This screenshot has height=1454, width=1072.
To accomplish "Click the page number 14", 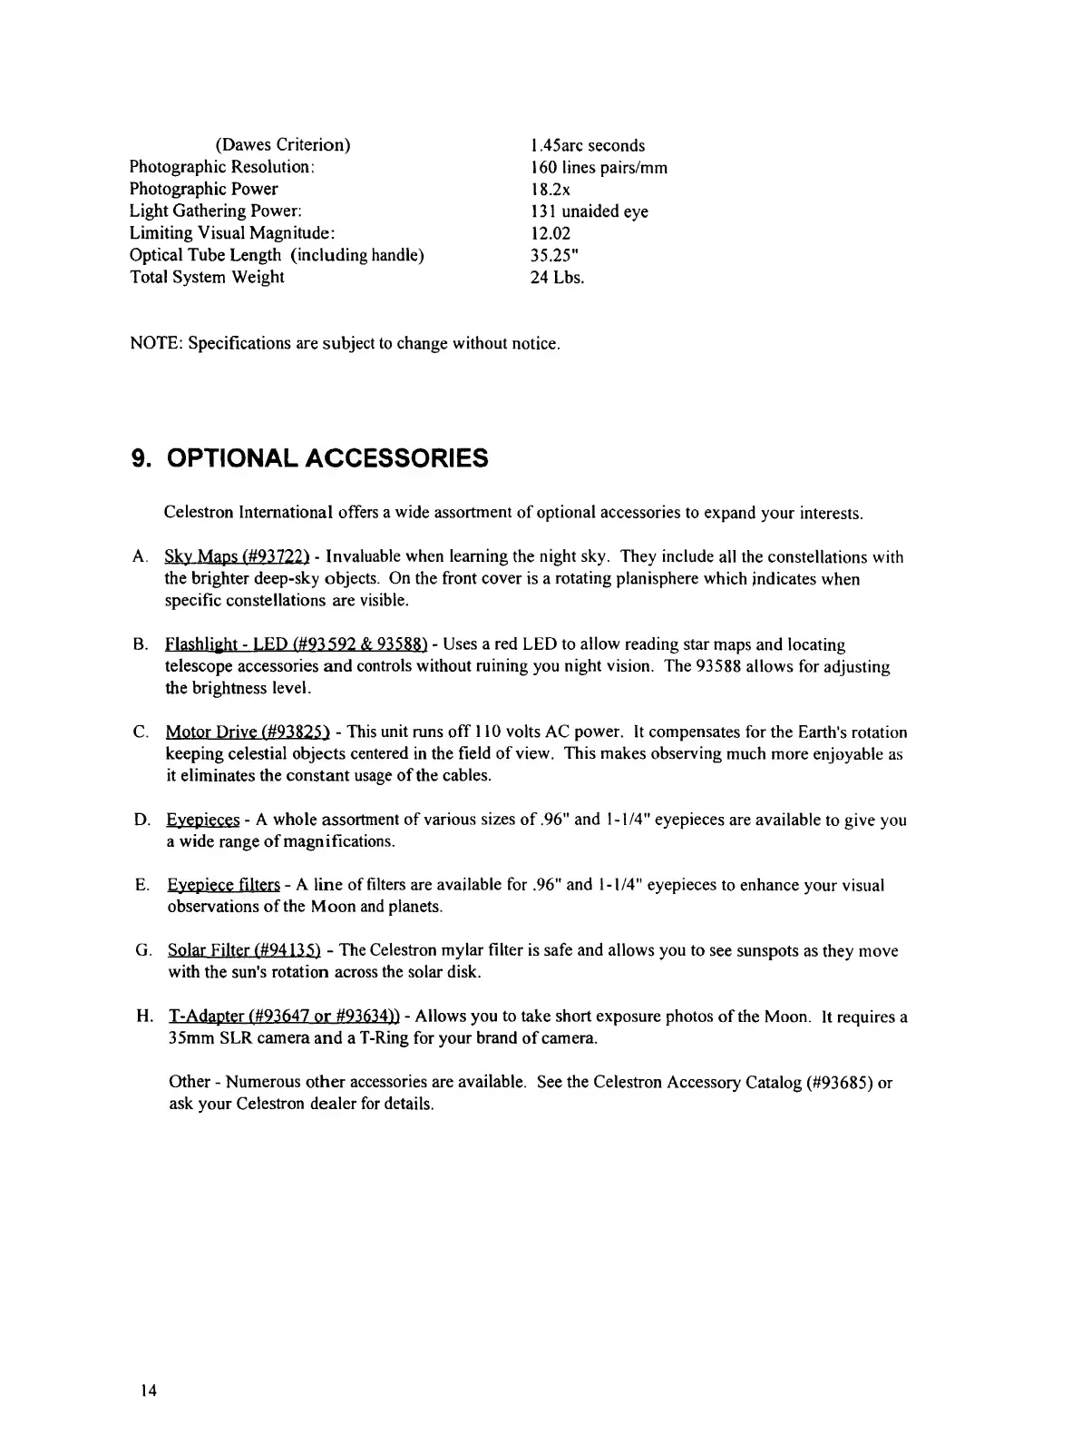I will tap(149, 1390).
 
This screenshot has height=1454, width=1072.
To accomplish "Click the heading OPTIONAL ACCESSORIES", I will tap(327, 458).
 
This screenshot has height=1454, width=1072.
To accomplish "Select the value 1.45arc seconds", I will tap(587, 145).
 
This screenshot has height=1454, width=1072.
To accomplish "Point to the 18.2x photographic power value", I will tap(550, 190).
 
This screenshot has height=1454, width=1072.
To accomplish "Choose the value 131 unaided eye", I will tap(589, 211).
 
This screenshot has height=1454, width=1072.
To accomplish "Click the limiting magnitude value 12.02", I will tap(550, 233).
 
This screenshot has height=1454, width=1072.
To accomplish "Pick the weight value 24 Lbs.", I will tap(557, 278).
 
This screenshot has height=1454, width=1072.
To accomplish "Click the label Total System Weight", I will tap(207, 278).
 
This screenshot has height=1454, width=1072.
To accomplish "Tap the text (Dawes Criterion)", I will tap(282, 145).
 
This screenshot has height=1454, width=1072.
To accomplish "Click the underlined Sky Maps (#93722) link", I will tap(237, 557).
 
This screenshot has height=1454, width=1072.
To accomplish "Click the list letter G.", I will tap(142, 951).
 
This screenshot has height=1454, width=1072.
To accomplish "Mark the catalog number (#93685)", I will tap(839, 1083).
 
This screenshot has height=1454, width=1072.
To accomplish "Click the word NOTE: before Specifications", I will tap(156, 344).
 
